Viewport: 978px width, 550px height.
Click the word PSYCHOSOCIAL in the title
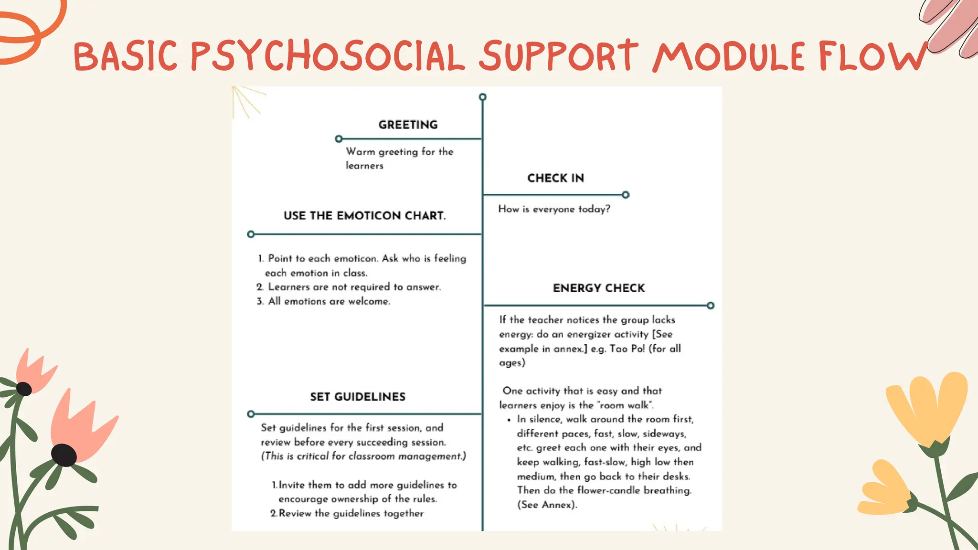coord(328,56)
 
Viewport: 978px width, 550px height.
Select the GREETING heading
coord(408,125)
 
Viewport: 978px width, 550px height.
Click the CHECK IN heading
coord(555,178)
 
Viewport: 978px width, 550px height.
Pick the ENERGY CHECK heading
coord(599,288)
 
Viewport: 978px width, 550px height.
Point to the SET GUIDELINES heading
coord(358,397)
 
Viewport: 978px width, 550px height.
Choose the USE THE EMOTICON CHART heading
coord(364,216)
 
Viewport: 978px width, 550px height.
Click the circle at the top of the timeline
coord(482,97)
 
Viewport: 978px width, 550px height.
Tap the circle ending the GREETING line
coord(339,139)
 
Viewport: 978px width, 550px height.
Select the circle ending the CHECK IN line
coord(626,195)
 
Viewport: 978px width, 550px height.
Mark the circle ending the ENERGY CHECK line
coord(711,306)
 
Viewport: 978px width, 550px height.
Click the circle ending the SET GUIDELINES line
coord(251,414)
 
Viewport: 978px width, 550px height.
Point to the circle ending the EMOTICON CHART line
coord(251,234)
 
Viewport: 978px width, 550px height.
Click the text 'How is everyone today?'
coord(554,209)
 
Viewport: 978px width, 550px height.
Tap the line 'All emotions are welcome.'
coord(329,301)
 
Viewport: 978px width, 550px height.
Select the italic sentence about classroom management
coord(363,456)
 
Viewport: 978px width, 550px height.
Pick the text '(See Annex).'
coord(547,505)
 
